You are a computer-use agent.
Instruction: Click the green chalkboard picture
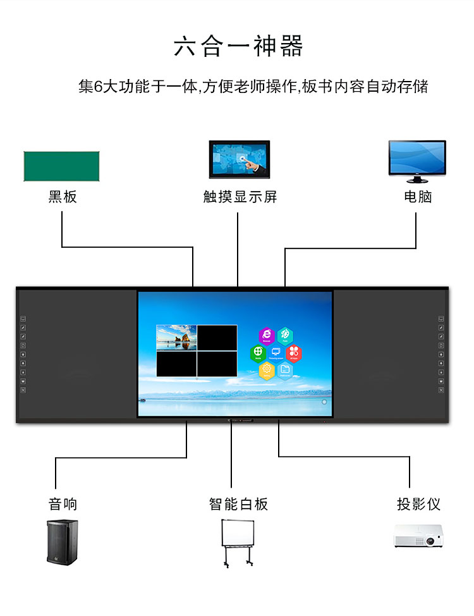[x=61, y=166]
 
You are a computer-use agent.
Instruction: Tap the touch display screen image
[x=240, y=159]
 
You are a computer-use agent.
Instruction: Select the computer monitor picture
[x=417, y=157]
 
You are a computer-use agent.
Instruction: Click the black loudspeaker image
[x=62, y=541]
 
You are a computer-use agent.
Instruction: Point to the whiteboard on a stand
[x=238, y=541]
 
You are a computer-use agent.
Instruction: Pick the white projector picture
[x=416, y=536]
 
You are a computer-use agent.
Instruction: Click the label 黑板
[x=63, y=197]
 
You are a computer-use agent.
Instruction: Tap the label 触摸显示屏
[x=240, y=197]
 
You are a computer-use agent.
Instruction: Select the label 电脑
[x=418, y=197]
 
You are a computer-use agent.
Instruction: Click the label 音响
[x=63, y=504]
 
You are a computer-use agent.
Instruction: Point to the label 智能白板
[x=238, y=504]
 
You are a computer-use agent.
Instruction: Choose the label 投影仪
[x=418, y=504]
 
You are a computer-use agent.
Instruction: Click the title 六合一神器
[x=238, y=47]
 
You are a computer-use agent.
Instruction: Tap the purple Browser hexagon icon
[x=267, y=335]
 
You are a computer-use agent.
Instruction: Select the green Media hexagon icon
[x=258, y=353]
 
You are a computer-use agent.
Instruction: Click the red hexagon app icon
[x=293, y=353]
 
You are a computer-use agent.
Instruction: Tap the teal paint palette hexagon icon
[x=285, y=335]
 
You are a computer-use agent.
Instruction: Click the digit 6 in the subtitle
[x=97, y=87]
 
